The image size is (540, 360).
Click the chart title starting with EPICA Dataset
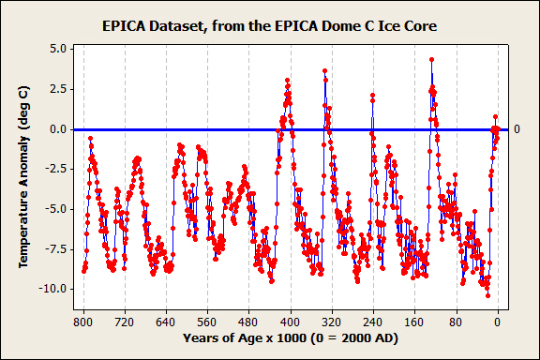[x=269, y=25]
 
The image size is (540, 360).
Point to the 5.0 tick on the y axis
[x=57, y=48]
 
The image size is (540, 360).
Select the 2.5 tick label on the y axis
[x=57, y=88]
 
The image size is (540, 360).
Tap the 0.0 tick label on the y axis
[x=57, y=128]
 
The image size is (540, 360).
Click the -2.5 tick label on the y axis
[x=55, y=169]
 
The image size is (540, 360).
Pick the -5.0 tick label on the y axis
[x=55, y=209]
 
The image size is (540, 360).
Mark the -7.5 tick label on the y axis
[x=55, y=248]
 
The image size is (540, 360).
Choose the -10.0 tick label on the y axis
[x=52, y=289]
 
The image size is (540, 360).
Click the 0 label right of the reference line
[x=517, y=128]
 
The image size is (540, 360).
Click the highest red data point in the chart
[x=431, y=60]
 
